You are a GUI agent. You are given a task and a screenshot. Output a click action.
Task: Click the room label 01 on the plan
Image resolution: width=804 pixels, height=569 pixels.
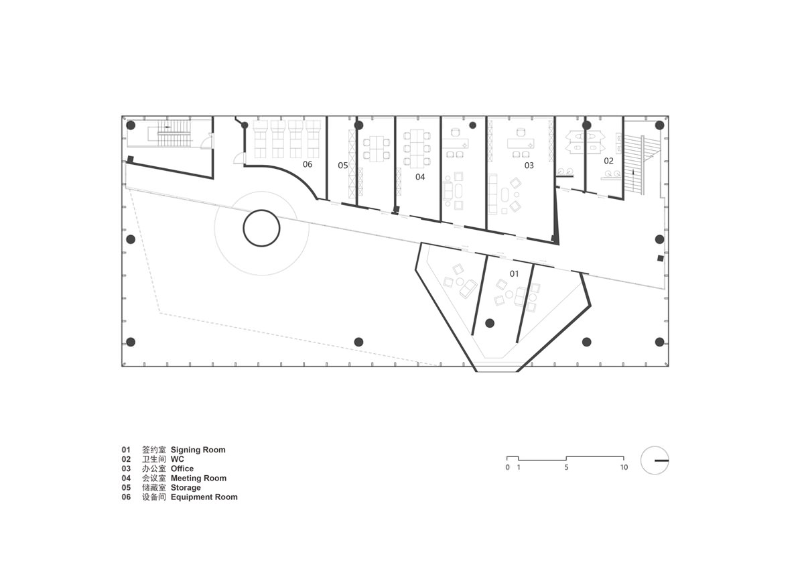point(514,273)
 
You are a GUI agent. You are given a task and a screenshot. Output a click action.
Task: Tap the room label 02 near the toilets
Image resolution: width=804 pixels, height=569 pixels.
point(608,161)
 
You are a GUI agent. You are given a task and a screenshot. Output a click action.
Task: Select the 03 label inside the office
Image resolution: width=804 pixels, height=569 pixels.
point(529,165)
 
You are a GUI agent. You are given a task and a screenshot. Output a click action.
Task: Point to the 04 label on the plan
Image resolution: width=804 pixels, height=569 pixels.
point(420,177)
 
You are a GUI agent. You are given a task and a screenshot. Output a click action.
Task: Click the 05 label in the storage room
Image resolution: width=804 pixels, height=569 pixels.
point(343,165)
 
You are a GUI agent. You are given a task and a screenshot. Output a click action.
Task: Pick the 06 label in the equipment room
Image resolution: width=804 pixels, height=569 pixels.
point(308,164)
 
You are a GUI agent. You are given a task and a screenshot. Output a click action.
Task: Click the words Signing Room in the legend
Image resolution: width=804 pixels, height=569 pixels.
point(198,450)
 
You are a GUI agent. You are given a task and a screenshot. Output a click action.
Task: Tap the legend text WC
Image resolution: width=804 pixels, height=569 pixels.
point(178,459)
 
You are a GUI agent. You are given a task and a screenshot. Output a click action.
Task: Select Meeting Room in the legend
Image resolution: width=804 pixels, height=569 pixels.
point(198,478)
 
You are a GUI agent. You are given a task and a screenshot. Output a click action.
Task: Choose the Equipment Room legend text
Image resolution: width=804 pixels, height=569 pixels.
point(204,497)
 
